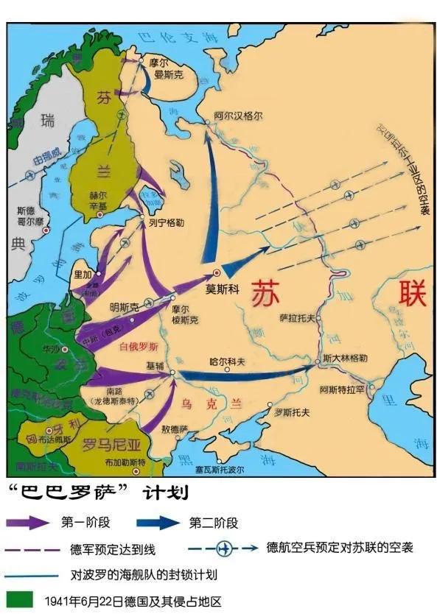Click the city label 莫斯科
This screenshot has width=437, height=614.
(x=223, y=289)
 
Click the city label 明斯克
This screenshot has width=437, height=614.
(x=124, y=306)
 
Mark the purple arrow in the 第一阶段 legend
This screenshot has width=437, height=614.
(x=27, y=523)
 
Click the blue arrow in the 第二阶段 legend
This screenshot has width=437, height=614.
(x=158, y=523)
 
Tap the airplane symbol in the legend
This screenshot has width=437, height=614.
(x=224, y=548)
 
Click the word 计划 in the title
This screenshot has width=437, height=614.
(x=169, y=491)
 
